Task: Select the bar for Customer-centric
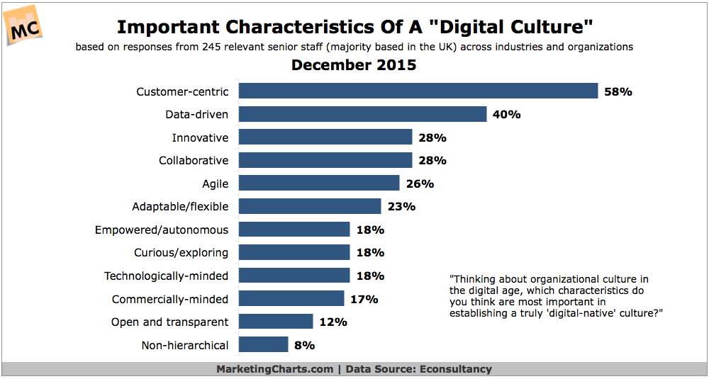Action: (x=418, y=91)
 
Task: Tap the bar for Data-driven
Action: (x=362, y=114)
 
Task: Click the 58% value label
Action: (x=618, y=91)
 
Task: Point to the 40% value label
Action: (x=506, y=114)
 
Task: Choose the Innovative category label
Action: (x=200, y=137)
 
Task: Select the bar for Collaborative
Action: (x=325, y=160)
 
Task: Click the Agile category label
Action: (x=215, y=183)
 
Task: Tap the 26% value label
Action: (x=420, y=183)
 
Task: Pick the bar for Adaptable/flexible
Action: (x=310, y=206)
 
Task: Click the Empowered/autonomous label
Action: (x=162, y=230)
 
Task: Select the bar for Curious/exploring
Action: (x=294, y=252)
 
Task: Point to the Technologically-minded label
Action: (x=166, y=276)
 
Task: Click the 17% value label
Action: (x=364, y=299)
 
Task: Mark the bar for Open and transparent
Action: (x=276, y=322)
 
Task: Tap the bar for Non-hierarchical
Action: (x=263, y=345)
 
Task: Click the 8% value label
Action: (x=305, y=345)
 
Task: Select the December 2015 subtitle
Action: (x=354, y=66)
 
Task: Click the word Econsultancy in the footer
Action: (x=458, y=369)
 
